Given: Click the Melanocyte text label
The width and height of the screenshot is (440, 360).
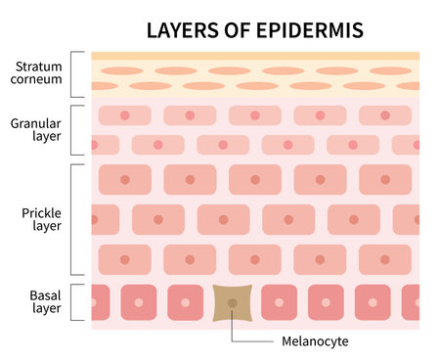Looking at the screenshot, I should [315, 341].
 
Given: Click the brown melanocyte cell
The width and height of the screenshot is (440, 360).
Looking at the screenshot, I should [232, 302].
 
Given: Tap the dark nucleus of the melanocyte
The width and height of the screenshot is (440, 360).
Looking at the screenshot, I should [232, 302].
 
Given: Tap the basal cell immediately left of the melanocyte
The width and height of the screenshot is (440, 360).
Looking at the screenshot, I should [186, 302].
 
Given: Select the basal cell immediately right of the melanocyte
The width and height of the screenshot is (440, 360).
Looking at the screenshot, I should [279, 302].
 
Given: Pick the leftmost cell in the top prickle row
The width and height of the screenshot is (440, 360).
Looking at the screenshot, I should [123, 179].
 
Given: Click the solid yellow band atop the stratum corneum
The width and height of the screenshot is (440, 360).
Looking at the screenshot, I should [255, 56].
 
